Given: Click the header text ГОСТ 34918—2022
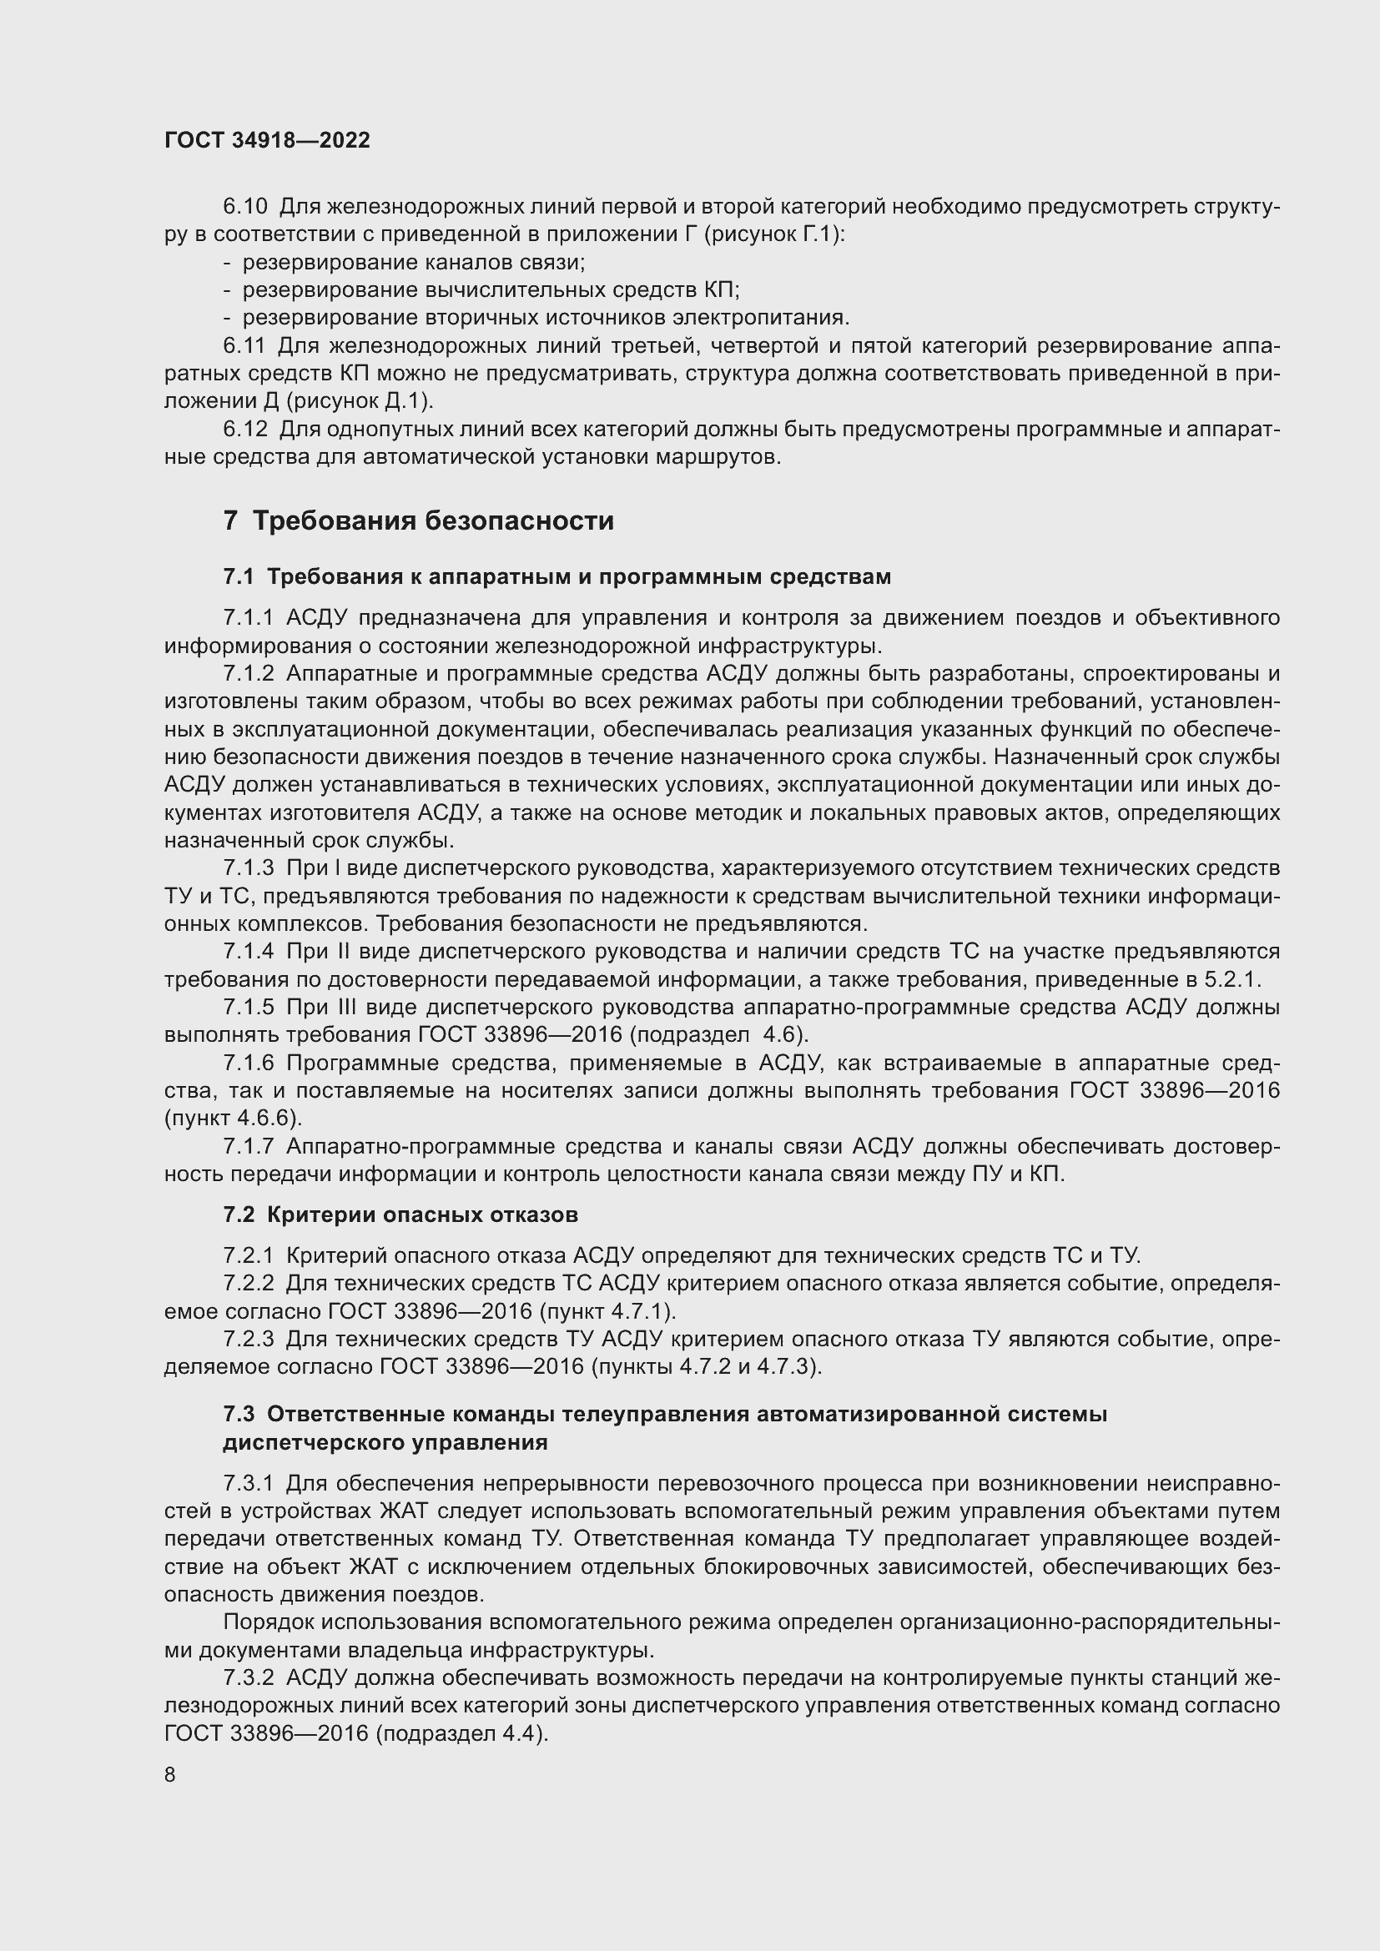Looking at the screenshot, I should [x=267, y=140].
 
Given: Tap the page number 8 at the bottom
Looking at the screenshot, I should [x=170, y=1774].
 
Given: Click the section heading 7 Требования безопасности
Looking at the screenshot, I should [x=418, y=520].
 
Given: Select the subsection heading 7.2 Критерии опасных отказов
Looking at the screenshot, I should [x=400, y=1214].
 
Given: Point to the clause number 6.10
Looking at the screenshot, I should [x=244, y=207].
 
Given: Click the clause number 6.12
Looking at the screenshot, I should [x=244, y=429].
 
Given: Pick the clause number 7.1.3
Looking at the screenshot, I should [x=248, y=867].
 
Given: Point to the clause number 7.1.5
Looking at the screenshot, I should [x=248, y=1007].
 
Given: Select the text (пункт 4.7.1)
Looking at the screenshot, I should [x=607, y=1311].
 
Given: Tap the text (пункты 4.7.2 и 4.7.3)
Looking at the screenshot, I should [x=706, y=1366].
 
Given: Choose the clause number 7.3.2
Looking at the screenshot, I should [x=248, y=1677].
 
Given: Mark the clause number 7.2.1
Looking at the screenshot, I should [x=248, y=1255].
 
